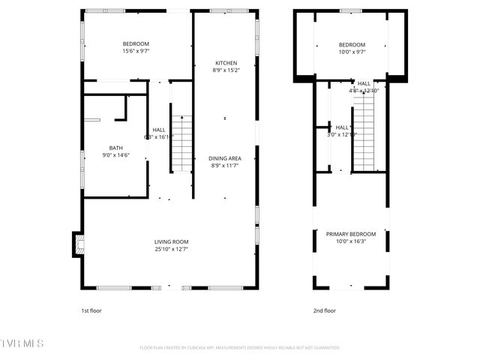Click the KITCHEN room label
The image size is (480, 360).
coord(226,63)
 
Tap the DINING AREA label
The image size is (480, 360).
coord(225,158)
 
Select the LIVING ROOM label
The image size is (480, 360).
coord(171,241)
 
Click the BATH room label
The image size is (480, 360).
coord(115,148)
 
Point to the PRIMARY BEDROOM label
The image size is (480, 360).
coord(351,234)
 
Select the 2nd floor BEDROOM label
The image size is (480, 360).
coord(351,45)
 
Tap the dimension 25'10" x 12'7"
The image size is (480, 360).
coord(171,249)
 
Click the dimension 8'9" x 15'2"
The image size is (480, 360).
coord(226,70)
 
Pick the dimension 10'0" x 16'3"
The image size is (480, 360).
coord(351,241)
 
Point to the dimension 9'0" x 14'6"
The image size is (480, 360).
coord(115,155)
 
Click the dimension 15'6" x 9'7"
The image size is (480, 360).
coord(136,52)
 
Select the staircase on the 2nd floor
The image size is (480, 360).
coord(364,129)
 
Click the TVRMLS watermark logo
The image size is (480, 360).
coord(22,343)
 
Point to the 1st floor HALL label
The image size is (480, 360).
coord(159,130)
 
